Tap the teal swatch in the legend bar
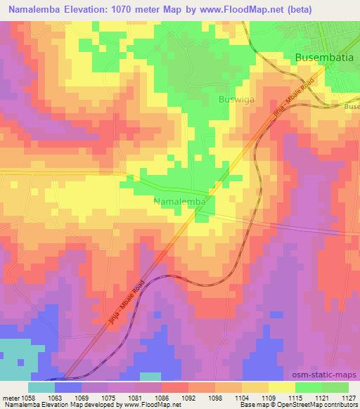tap(41, 387)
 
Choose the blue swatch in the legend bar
tap(68, 387)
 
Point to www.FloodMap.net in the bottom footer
tap(144, 405)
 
